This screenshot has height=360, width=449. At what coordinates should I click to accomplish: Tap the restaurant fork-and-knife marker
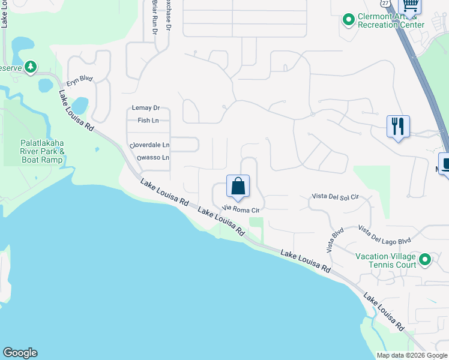(x=398, y=127)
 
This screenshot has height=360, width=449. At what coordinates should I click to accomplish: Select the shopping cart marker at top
(x=410, y=5)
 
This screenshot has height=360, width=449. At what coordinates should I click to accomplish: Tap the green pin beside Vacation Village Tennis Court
(x=425, y=260)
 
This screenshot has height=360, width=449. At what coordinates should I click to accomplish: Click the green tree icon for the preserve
(x=30, y=67)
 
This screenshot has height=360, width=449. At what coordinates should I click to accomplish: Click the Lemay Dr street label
(x=146, y=108)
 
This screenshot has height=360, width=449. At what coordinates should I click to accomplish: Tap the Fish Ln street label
(x=148, y=120)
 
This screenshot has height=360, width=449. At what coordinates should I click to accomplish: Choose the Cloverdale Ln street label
(x=149, y=146)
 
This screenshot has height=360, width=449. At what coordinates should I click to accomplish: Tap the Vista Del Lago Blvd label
(x=384, y=235)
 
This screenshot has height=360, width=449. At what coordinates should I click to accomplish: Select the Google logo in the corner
(x=20, y=353)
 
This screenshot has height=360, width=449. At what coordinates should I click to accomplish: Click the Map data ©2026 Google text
(x=411, y=355)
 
